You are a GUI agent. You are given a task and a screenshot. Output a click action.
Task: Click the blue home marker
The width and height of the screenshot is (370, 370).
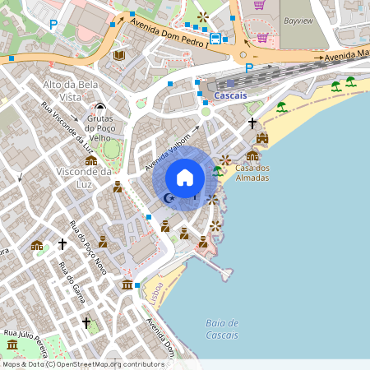(x=184, y=178)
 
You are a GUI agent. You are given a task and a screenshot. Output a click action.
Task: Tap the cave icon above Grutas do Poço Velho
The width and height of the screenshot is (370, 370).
(x=100, y=106)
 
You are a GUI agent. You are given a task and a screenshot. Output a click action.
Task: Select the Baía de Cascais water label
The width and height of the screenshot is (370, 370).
(x=222, y=329)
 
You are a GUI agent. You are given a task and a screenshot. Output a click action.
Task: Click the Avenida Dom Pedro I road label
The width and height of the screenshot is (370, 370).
(x=169, y=35)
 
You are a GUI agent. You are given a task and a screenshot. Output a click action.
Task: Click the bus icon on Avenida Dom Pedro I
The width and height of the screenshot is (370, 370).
(x=215, y=38)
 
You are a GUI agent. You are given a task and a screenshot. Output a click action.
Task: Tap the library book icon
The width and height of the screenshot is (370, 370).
(x=119, y=55)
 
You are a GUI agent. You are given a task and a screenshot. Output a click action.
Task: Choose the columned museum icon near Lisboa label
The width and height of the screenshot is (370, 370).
(x=127, y=284)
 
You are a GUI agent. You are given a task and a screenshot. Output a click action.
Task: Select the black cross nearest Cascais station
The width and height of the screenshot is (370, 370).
(x=252, y=123)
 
